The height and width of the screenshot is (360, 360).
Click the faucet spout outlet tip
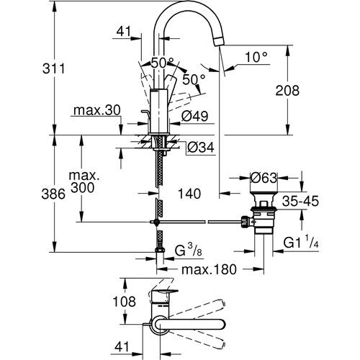(x=219, y=39)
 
